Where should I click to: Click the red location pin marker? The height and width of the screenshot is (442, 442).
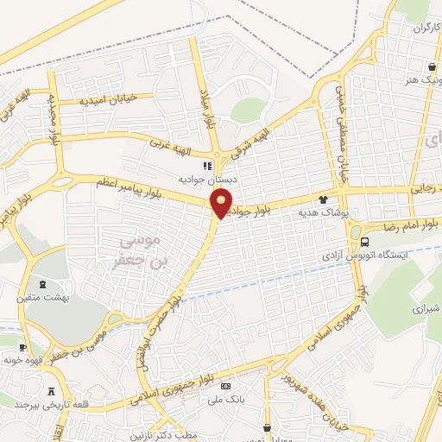pos(222,204)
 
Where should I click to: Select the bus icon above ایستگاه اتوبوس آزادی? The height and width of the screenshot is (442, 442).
pos(366,243)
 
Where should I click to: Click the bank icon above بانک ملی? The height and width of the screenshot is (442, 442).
pos(226,387)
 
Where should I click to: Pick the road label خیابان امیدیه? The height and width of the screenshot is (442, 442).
pos(109,99)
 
